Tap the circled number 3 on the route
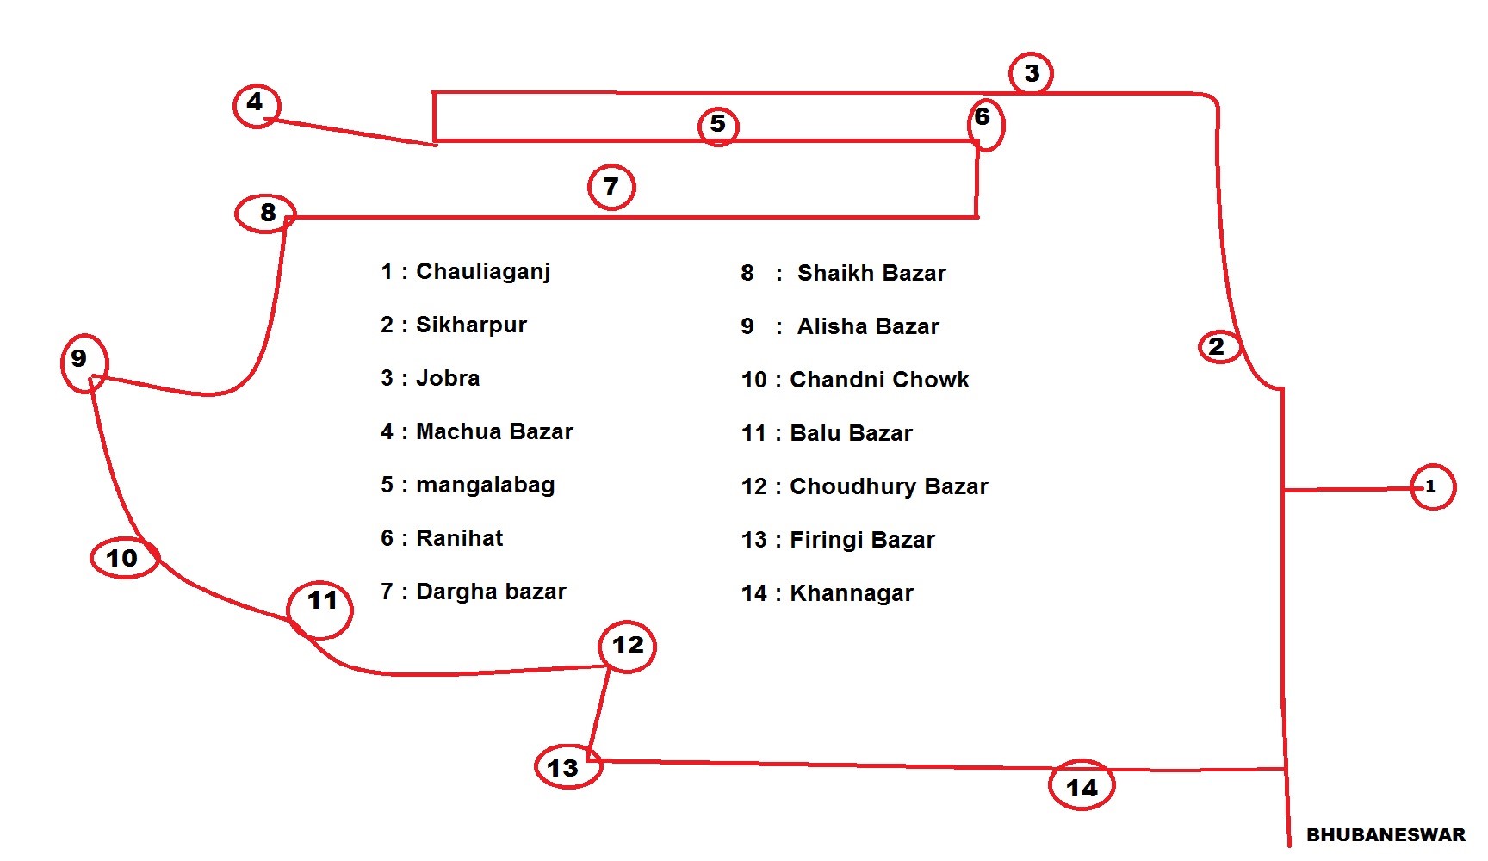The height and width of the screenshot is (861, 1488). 1031,73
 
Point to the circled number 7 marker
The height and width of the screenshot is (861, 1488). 611,187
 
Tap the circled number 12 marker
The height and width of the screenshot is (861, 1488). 628,646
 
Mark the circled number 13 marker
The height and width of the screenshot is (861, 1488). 568,766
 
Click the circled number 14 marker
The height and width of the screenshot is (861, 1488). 1082,784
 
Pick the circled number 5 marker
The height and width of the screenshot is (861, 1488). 718,126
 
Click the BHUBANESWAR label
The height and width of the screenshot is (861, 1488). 1386,834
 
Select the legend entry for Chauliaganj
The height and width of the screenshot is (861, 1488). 466,272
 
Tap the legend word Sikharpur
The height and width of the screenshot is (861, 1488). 471,325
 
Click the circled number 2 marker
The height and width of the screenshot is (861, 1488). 1218,346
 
